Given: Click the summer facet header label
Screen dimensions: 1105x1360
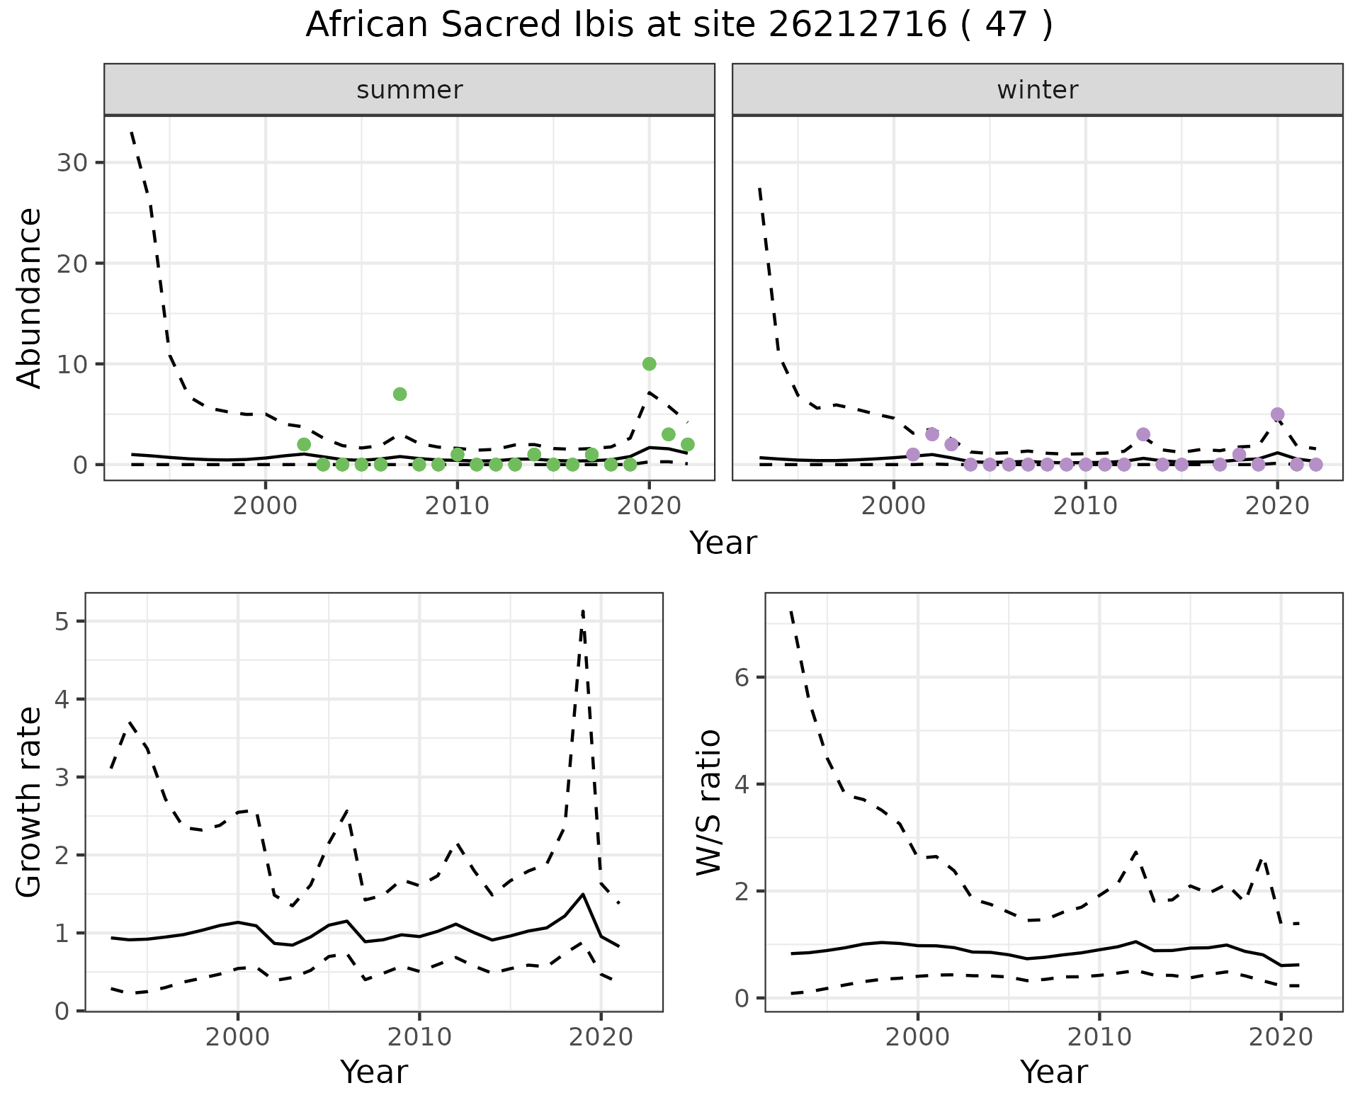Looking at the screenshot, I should [x=409, y=90].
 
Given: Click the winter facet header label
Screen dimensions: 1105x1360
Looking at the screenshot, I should [x=1037, y=90].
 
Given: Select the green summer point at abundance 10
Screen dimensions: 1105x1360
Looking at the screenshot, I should [x=649, y=364].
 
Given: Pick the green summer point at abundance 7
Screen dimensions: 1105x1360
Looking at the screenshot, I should [x=399, y=394].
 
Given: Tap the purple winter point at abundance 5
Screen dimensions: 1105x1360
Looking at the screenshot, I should [x=1277, y=414].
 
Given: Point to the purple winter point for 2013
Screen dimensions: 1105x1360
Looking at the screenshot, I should [x=1143, y=434].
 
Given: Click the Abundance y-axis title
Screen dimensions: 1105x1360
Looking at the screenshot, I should [x=30, y=297].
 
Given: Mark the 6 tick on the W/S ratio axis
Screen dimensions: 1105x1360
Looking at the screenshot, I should [x=741, y=677].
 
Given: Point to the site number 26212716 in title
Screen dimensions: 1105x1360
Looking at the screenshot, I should [x=857, y=25].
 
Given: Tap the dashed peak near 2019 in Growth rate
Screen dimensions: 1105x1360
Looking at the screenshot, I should [x=582, y=611].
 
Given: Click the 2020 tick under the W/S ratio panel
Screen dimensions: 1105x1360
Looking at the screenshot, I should [x=1281, y=1037].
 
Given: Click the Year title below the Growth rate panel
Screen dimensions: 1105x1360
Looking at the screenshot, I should [x=373, y=1072].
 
